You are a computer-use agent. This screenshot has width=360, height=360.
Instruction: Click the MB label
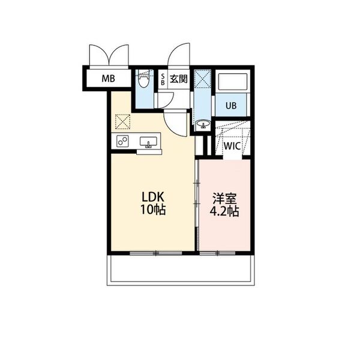tap(109, 79)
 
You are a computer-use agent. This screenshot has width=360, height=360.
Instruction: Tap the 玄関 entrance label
tap(179, 79)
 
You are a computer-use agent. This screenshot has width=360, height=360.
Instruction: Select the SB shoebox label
tap(163, 79)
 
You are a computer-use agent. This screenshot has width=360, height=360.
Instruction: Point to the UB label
tap(231, 106)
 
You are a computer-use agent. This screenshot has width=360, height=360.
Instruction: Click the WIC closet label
tap(232, 146)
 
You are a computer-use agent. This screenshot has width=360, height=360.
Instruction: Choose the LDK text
tap(153, 197)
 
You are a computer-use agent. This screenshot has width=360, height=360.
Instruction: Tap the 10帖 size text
tap(153, 209)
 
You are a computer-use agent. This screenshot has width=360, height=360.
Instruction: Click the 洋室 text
tap(224, 199)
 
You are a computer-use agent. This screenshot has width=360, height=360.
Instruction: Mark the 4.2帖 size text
tap(224, 211)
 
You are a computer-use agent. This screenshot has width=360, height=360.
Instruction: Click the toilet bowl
tap(144, 81)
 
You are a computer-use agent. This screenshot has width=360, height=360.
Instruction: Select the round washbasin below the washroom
tap(203, 124)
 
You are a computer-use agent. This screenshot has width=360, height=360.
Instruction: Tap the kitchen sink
tap(148, 142)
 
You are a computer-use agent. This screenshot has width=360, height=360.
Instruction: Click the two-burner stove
tap(122, 141)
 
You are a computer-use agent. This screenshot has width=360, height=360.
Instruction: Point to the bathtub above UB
tap(233, 82)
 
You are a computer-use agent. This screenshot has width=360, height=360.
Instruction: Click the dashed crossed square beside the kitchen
tap(122, 122)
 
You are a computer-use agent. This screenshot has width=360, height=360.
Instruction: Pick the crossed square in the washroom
tap(203, 79)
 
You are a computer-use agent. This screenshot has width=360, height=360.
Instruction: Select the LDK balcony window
tap(156, 253)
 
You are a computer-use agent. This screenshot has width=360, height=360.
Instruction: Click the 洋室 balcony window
tap(217, 253)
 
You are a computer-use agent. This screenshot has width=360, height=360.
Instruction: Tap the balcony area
tap(181, 270)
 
